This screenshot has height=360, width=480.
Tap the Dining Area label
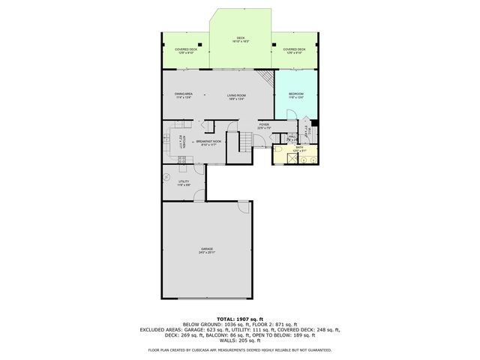click(x=184, y=95)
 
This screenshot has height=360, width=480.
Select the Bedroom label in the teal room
click(x=296, y=95)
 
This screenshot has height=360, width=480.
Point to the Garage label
click(x=207, y=250)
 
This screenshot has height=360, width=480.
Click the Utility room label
click(x=183, y=183)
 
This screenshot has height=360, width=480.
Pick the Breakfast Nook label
click(x=208, y=142)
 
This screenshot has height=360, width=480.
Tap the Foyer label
click(x=264, y=126)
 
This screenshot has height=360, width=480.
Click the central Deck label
click(x=241, y=39)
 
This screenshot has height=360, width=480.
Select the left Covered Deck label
click(x=186, y=51)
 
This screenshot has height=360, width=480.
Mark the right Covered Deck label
click(x=293, y=51)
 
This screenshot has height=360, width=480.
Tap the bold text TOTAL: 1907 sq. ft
click(x=240, y=319)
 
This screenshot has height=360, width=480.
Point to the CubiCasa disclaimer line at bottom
click(x=240, y=349)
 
